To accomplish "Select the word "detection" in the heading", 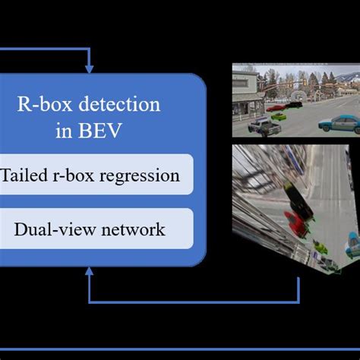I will [131, 106].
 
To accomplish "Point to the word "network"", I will [136, 229].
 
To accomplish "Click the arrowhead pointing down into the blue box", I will [89, 69].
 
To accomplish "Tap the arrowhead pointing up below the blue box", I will [89, 274].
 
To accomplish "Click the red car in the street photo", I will [278, 109].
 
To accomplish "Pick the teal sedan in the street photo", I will [337, 122].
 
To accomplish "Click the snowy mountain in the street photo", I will [346, 77].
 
